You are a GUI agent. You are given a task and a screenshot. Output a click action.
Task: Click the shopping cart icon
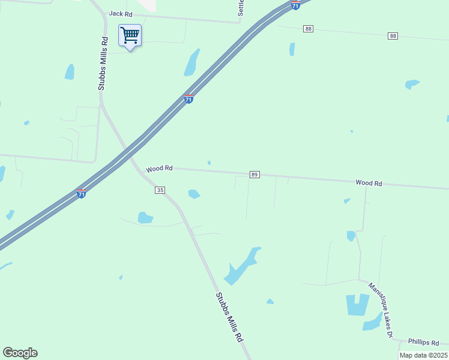point(130,35)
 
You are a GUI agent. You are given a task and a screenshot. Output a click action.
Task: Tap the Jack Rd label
point(120,14)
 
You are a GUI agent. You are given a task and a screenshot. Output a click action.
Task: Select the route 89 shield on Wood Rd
point(255,175)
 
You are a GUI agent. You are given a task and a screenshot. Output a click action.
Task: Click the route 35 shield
point(160,190)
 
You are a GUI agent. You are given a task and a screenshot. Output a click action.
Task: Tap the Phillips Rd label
point(424,342)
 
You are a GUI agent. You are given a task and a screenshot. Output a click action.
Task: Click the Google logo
point(20,353)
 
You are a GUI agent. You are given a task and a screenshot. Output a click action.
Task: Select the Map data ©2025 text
point(423,355)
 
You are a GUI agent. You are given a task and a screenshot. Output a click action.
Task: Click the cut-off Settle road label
point(241,7)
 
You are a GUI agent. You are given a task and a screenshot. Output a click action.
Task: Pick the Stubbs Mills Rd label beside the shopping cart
point(103,64)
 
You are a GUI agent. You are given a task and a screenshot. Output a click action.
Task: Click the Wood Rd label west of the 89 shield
point(159,169)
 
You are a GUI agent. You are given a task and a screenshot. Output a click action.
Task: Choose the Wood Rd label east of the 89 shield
point(369,182)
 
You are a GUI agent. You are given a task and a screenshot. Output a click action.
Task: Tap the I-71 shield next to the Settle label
point(295,5)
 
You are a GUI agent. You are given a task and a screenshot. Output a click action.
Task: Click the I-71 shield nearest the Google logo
point(82,193)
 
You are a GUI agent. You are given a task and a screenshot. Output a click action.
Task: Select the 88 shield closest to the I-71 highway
point(309,29)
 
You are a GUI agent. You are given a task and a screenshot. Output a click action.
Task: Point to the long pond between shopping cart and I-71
point(192,62)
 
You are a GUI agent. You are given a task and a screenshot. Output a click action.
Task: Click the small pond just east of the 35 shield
point(194,194)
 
